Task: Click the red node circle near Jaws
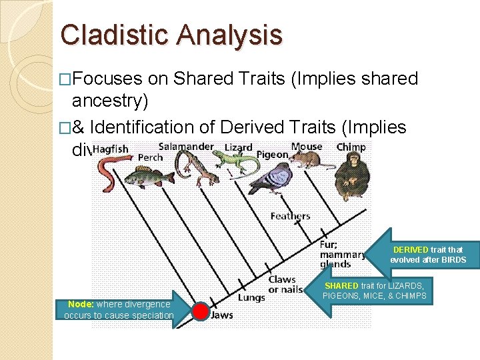coord(201,311)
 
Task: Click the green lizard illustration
coord(235,160)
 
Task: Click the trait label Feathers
coord(290,216)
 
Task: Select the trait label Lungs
coord(251,298)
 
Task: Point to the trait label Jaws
coord(222,315)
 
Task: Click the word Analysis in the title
coord(231,35)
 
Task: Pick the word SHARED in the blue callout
coord(341,285)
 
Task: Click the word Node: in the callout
coord(81,304)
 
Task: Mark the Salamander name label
coord(186,147)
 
